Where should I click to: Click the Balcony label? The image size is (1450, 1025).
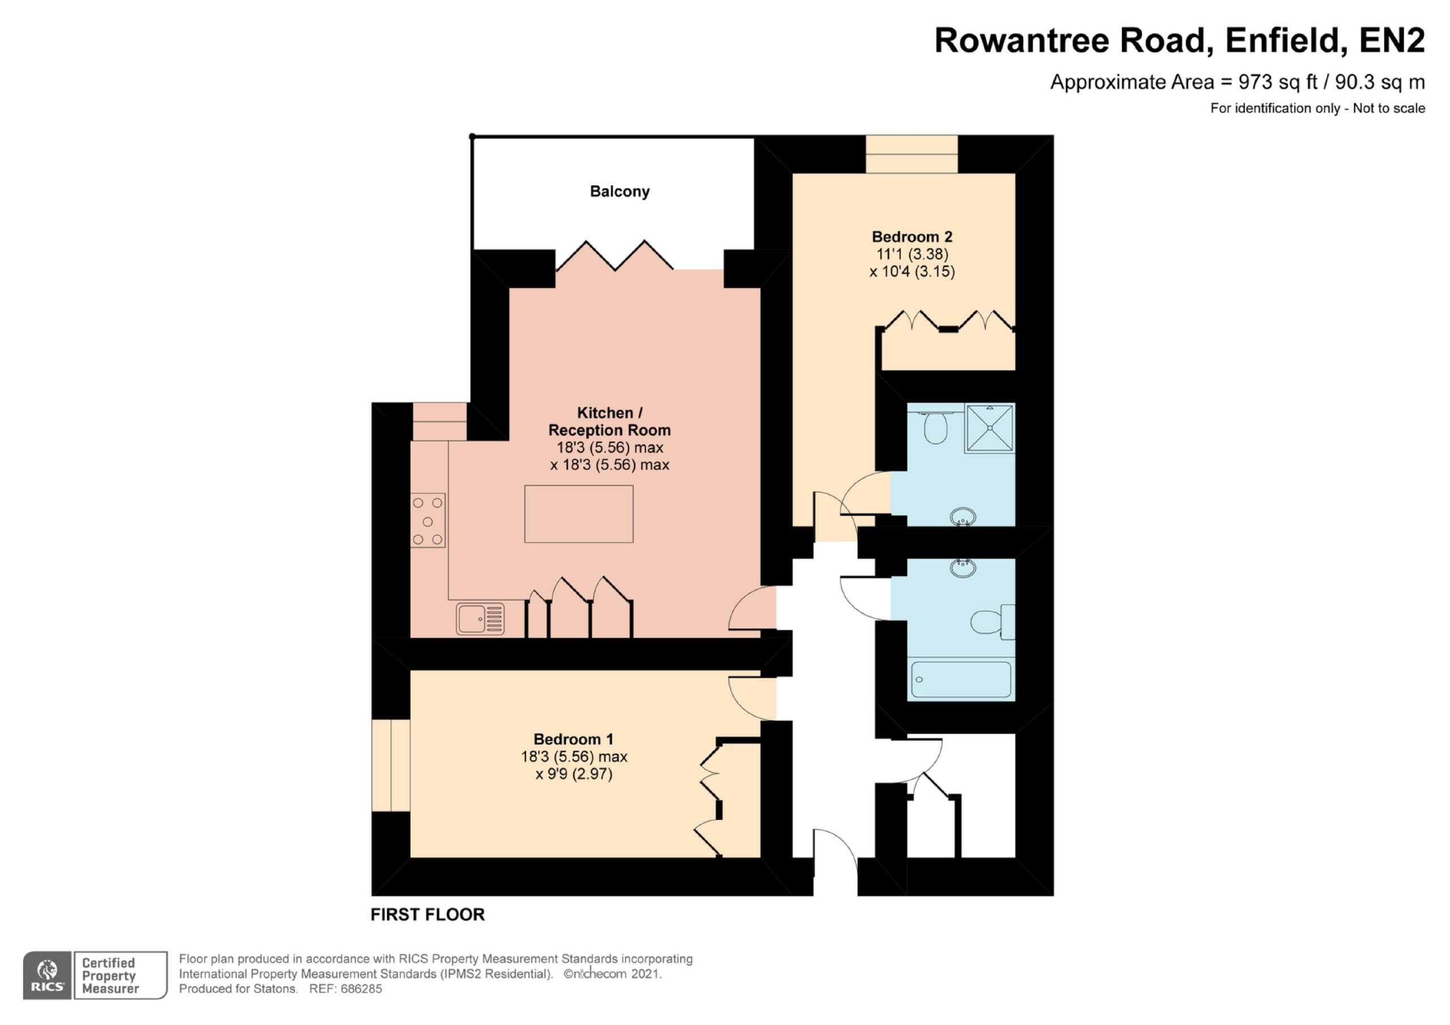(x=620, y=191)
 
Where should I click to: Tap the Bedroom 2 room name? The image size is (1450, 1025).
(x=912, y=237)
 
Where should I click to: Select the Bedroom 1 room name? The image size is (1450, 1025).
(x=573, y=739)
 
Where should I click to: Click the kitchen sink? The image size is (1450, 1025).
(x=480, y=619)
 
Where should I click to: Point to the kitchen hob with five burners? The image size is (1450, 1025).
(x=428, y=521)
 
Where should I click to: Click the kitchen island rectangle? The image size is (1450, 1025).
(x=578, y=514)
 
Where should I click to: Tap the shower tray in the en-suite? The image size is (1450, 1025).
(x=990, y=428)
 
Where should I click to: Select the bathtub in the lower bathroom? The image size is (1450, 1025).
(x=961, y=679)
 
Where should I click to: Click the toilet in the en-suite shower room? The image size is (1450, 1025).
(x=935, y=427)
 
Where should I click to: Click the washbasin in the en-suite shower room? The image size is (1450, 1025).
(x=962, y=516)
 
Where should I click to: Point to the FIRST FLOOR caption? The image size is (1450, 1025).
(x=428, y=915)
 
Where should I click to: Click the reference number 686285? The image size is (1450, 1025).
(x=361, y=989)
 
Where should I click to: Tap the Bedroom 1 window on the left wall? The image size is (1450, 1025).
(x=391, y=766)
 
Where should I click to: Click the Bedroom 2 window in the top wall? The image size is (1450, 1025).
(x=911, y=154)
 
